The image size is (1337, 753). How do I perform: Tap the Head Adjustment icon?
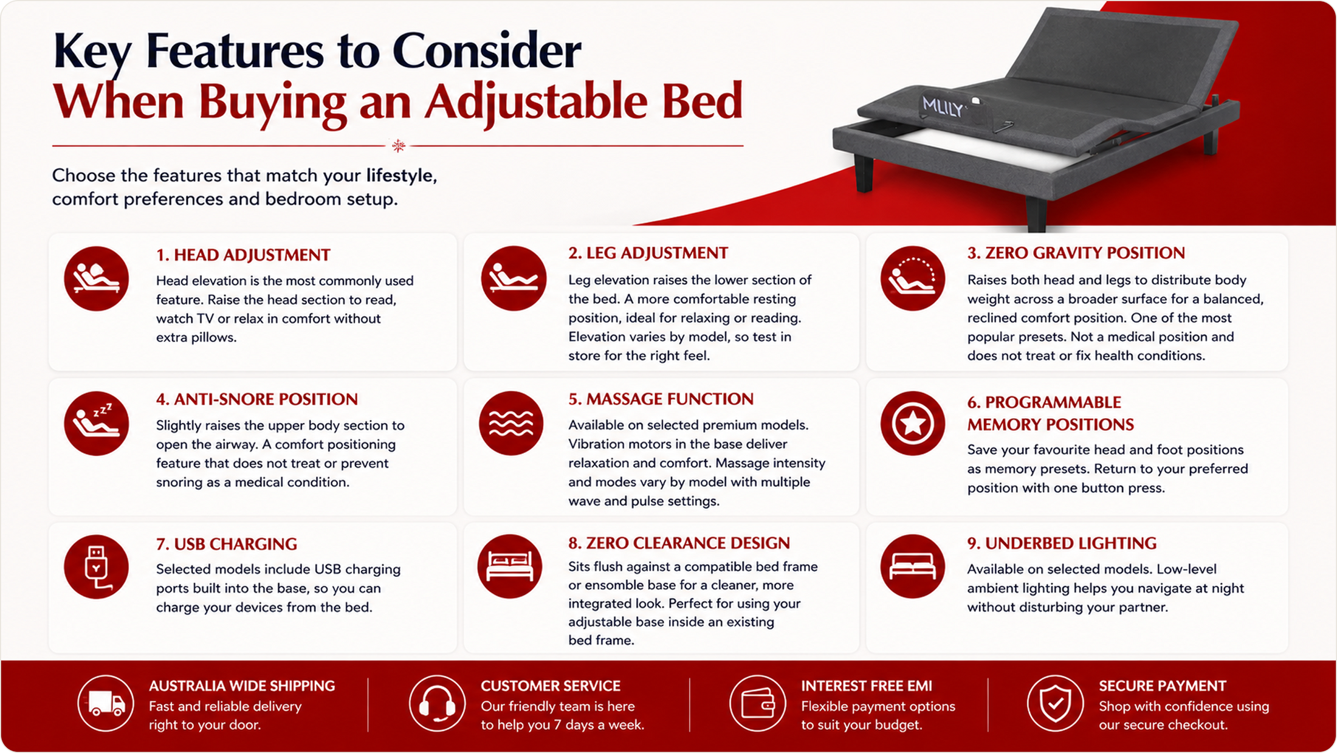pyautogui.click(x=96, y=279)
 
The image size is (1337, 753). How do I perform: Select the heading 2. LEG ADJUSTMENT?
pyautogui.click(x=648, y=253)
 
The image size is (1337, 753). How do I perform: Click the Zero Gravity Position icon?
pyautogui.click(x=912, y=278)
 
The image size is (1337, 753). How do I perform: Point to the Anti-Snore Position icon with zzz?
pyautogui.click(x=96, y=423)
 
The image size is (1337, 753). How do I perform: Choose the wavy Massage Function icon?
pyautogui.click(x=511, y=423)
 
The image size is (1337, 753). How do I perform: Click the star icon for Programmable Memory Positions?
pyautogui.click(x=912, y=423)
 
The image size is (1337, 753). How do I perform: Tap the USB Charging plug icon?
pyautogui.click(x=96, y=567)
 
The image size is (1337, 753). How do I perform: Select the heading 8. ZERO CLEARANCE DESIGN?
pyautogui.click(x=679, y=543)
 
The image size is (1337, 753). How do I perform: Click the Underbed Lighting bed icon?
pyautogui.click(x=912, y=566)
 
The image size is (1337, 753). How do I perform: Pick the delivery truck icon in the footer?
pyautogui.click(x=106, y=703)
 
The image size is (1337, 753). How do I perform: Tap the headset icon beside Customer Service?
pyautogui.click(x=437, y=703)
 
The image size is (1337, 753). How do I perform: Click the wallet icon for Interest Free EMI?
pyautogui.click(x=757, y=703)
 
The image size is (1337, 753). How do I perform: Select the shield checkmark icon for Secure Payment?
pyautogui.click(x=1055, y=703)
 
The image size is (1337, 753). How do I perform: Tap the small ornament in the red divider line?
pyautogui.click(x=399, y=146)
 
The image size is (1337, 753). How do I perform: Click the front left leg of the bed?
pyautogui.click(x=864, y=174)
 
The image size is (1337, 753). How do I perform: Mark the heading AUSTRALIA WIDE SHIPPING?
pyautogui.click(x=242, y=686)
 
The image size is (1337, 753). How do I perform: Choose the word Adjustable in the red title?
pyautogui.click(x=536, y=101)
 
